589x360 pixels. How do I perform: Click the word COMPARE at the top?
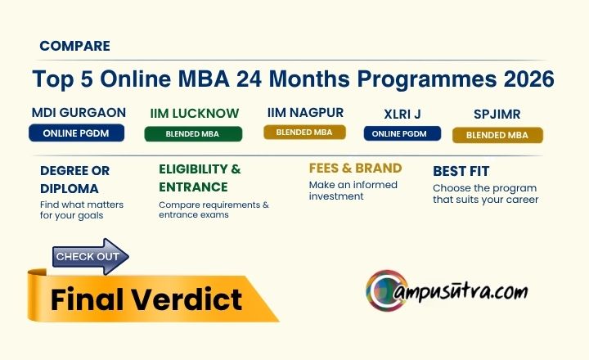pyautogui.click(x=74, y=46)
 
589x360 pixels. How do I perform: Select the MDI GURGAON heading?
pyautogui.click(x=79, y=112)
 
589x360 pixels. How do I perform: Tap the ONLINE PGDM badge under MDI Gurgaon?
pyautogui.click(x=76, y=133)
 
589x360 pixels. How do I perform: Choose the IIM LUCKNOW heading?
pyautogui.click(x=195, y=113)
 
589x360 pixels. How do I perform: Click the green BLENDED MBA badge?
pyautogui.click(x=193, y=134)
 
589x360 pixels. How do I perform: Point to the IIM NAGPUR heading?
pyautogui.click(x=305, y=112)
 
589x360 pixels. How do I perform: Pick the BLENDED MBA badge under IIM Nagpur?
pyautogui.click(x=304, y=133)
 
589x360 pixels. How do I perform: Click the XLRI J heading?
pyautogui.click(x=402, y=115)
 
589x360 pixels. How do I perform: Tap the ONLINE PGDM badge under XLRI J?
pyautogui.click(x=402, y=133)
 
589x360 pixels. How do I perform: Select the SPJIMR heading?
pyautogui.click(x=497, y=114)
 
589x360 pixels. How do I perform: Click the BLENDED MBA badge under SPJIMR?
pyautogui.click(x=497, y=135)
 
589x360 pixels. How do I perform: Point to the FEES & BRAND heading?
pyautogui.click(x=355, y=168)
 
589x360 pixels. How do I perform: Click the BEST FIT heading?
pyautogui.click(x=461, y=171)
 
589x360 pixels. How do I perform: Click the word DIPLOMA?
pyautogui.click(x=69, y=188)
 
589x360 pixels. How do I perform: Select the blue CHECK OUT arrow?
pyautogui.click(x=90, y=257)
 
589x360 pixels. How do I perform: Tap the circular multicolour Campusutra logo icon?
pyautogui.click(x=386, y=290)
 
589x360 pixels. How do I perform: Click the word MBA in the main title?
pyautogui.click(x=204, y=79)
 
